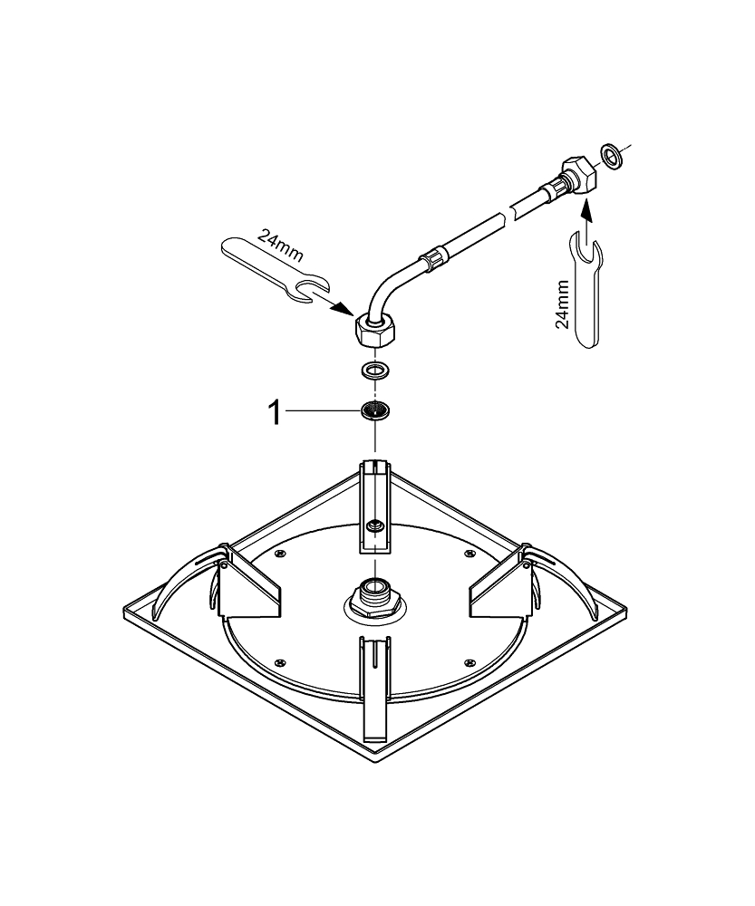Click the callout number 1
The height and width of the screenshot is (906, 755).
[276, 414]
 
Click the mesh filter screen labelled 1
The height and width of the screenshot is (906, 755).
[375, 410]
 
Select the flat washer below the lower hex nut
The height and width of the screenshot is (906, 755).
[375, 371]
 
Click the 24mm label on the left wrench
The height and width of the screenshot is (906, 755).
[278, 246]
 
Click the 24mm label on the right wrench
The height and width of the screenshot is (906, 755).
[562, 304]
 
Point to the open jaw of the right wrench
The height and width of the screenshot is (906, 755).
[586, 248]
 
